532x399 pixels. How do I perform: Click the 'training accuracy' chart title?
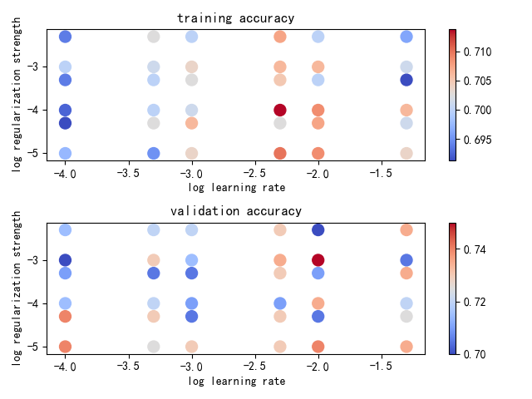(x=236, y=18)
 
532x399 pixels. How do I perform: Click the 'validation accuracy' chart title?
(x=236, y=211)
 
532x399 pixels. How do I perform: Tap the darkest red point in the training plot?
(x=280, y=110)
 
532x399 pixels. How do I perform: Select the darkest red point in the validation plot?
(x=318, y=260)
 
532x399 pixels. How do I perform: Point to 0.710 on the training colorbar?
(x=478, y=52)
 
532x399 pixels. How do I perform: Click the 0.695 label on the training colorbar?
(x=478, y=140)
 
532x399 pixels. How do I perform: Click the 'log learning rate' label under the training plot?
(x=236, y=188)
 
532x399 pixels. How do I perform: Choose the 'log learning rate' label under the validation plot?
(x=236, y=381)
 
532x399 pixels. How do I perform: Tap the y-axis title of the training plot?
(x=17, y=96)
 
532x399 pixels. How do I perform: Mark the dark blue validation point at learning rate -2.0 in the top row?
(x=318, y=229)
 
